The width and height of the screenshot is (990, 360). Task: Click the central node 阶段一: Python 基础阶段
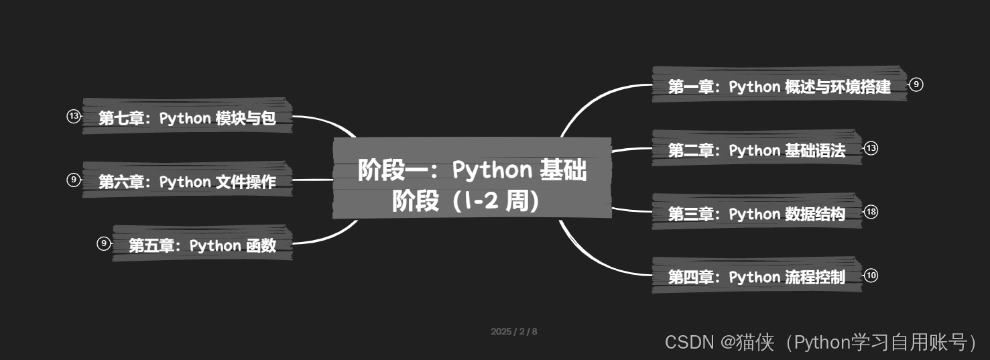[x=472, y=178]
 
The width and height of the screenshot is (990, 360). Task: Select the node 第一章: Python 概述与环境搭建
[x=779, y=86]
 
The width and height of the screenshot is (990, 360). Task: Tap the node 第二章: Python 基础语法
[x=756, y=150]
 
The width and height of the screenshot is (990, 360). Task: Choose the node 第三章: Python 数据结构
[x=756, y=214]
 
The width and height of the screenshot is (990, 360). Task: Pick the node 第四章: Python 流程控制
[x=756, y=277]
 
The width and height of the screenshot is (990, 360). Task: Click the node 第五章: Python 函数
[x=202, y=245]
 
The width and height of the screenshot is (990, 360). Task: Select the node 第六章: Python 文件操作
[x=187, y=182]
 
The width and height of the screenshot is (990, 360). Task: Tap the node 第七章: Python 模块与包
[x=187, y=118]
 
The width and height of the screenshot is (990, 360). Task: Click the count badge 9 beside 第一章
[x=916, y=84]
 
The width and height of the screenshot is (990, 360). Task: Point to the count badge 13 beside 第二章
[x=871, y=148]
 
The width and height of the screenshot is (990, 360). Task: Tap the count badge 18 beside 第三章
[x=871, y=212]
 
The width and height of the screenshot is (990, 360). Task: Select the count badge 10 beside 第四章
[x=871, y=276]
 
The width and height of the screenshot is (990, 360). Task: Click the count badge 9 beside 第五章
[x=103, y=243]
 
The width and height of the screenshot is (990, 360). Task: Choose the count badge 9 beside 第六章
[x=73, y=180]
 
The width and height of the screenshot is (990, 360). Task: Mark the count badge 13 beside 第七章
[x=73, y=116]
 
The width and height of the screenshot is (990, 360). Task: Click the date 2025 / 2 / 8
[x=514, y=331]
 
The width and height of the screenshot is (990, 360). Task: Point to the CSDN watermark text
[x=824, y=343]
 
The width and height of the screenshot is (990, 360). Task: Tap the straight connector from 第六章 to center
[x=313, y=180]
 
